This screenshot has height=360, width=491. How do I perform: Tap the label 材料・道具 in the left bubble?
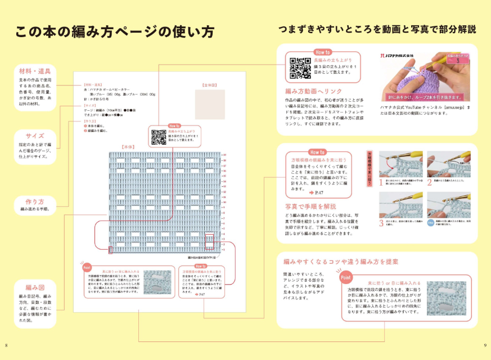pyautogui.click(x=35, y=71)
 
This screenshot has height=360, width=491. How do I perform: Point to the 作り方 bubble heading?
pyautogui.click(x=35, y=201)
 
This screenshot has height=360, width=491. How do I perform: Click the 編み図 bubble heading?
pyautogui.click(x=35, y=286)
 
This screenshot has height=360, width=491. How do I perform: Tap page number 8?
pyautogui.click(x=6, y=344)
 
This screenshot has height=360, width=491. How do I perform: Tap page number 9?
pyautogui.click(x=484, y=344)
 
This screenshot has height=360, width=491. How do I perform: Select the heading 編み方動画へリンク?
pyautogui.click(x=313, y=91)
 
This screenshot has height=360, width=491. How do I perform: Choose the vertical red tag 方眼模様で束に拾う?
pyautogui.click(x=370, y=168)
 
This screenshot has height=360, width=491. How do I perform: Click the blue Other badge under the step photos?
pyautogui.click(x=430, y=223)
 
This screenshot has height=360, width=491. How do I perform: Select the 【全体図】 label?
pyautogui.click(x=209, y=85)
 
